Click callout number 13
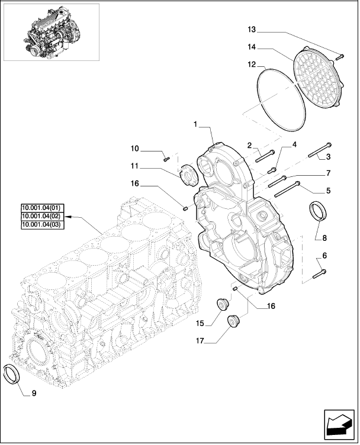[x=251, y=30]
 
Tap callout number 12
[x=251, y=64]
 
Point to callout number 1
[x=194, y=125]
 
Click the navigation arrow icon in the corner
[x=339, y=424]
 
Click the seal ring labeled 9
[x=12, y=374]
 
